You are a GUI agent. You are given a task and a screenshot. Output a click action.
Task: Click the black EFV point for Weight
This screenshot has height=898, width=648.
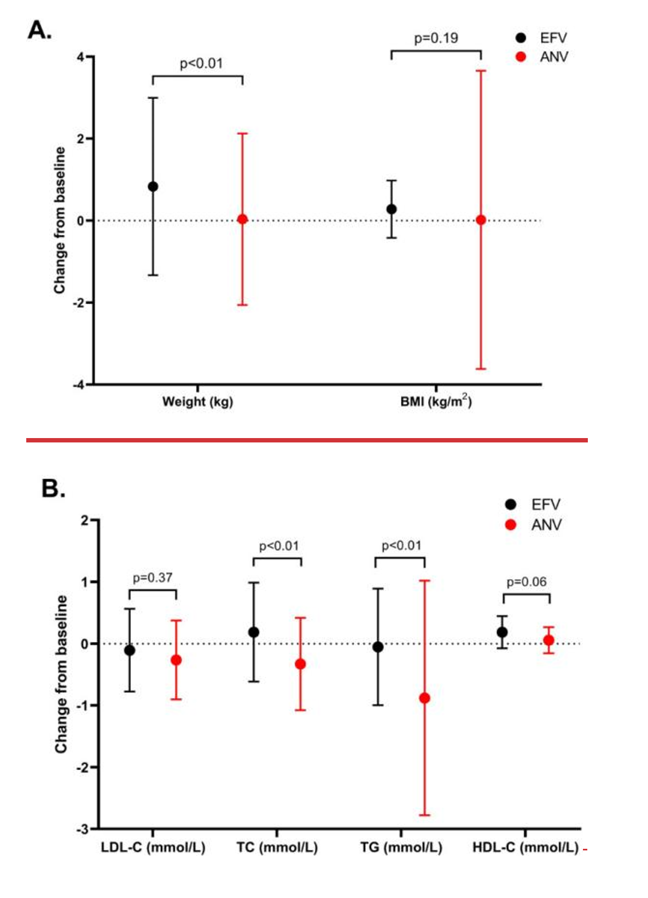153,186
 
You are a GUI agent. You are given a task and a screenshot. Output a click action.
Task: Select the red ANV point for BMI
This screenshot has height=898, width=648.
481,220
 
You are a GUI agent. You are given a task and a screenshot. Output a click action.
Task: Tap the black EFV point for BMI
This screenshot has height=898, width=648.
392,209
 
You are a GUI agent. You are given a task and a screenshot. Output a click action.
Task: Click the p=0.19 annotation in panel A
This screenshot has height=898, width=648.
436,38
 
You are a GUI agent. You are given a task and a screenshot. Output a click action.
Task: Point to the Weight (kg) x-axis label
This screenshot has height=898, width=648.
197,402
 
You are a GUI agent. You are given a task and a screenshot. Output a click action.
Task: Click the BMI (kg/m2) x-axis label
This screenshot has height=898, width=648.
436,401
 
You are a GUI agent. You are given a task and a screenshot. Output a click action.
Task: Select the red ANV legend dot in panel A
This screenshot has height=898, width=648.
521,57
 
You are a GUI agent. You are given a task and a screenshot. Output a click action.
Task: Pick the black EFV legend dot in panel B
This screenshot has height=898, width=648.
511,504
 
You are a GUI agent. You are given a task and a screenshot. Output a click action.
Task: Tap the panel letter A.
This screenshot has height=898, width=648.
39,30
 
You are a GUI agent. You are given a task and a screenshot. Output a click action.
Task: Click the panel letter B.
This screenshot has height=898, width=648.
53,488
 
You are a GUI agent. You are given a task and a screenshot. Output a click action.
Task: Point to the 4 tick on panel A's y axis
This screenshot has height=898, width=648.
81,57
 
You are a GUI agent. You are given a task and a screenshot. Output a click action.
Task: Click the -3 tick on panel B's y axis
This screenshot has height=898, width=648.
83,830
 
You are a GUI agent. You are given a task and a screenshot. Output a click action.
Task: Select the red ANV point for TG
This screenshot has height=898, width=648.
424,698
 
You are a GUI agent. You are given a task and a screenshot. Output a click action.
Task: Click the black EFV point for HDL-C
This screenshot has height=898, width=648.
502,632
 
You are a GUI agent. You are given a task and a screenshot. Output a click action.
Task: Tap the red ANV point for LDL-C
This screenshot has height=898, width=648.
176,660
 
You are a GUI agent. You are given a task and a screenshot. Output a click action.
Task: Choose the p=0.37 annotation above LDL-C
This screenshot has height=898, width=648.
153,578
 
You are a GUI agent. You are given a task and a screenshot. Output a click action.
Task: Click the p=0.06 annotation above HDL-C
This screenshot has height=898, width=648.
526,582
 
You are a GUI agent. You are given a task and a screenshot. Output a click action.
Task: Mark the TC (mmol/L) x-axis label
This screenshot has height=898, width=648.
277,848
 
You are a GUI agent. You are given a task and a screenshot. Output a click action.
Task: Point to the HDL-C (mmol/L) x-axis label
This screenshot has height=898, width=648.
525,848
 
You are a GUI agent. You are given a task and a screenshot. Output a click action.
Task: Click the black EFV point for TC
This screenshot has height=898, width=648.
254,632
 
